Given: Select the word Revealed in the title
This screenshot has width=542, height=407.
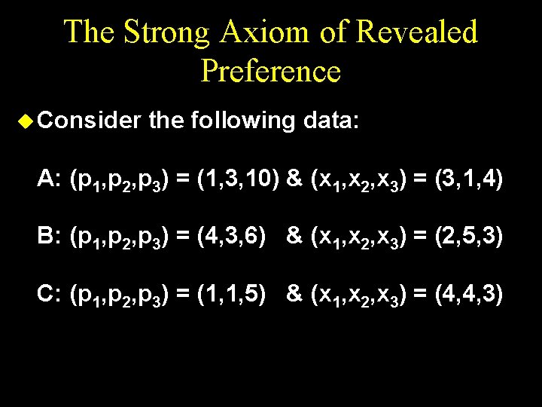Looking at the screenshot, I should (417, 32).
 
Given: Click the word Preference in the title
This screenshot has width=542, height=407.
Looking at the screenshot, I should (271, 71).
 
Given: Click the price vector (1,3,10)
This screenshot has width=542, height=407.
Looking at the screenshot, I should (238, 179).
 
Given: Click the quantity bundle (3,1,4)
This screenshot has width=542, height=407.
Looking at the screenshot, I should (469, 179).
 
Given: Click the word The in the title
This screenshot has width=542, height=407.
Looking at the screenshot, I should (90, 32).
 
